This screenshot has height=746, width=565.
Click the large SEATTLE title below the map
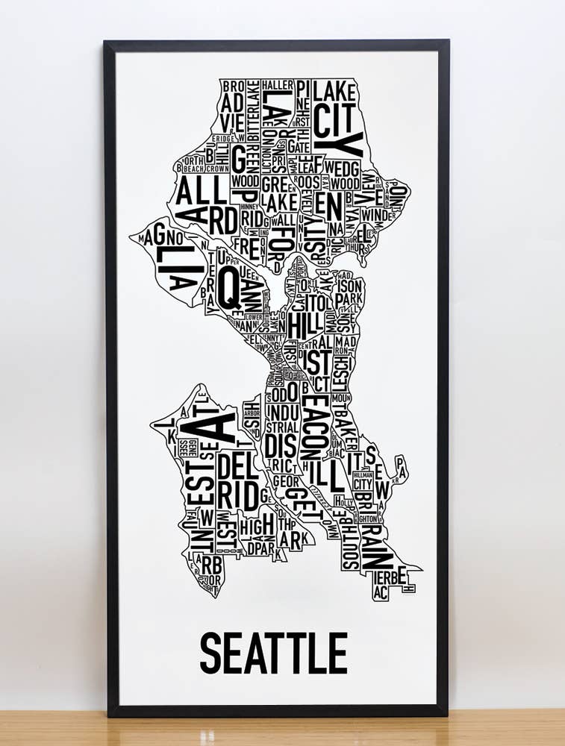(x=273, y=652)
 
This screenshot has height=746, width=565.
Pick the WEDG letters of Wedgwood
(x=343, y=166)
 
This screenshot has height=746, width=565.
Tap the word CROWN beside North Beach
(x=217, y=169)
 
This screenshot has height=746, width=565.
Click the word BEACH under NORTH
(x=193, y=169)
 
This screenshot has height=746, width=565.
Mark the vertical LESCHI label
(x=340, y=373)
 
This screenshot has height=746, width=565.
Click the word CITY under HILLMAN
(x=363, y=483)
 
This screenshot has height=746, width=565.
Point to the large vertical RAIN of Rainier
(x=374, y=548)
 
